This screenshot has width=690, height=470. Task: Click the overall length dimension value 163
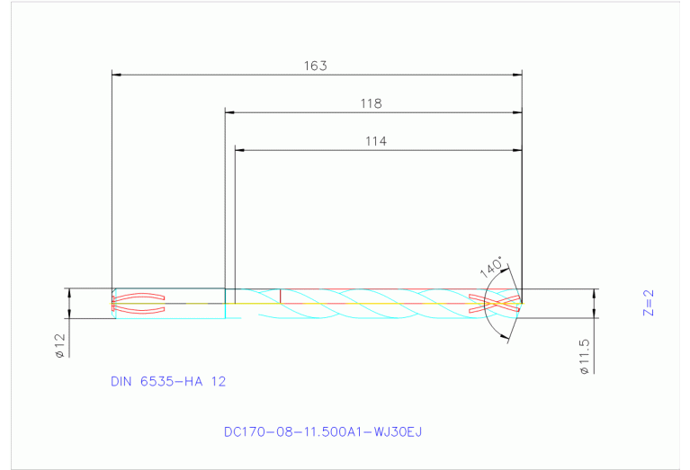click(x=315, y=66)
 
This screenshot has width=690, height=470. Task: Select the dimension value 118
click(x=372, y=103)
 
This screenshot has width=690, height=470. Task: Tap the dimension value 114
click(x=376, y=140)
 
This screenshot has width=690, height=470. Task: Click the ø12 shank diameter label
click(x=59, y=346)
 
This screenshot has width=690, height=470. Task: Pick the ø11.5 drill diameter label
click(x=584, y=356)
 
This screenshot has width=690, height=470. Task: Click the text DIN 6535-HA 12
click(x=168, y=381)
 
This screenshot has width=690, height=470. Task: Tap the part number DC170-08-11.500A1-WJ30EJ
click(x=323, y=431)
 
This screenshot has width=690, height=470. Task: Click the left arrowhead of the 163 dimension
click(x=115, y=75)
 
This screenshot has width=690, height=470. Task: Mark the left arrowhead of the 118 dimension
click(x=229, y=112)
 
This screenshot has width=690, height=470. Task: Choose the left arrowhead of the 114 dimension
click(x=239, y=149)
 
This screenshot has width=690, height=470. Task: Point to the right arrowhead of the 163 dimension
click(x=517, y=75)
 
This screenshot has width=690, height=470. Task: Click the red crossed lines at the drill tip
click(x=495, y=304)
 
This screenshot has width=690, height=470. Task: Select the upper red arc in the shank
click(x=139, y=296)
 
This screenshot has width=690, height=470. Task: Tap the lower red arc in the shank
click(x=139, y=311)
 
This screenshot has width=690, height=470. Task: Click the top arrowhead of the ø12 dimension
click(x=67, y=293)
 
